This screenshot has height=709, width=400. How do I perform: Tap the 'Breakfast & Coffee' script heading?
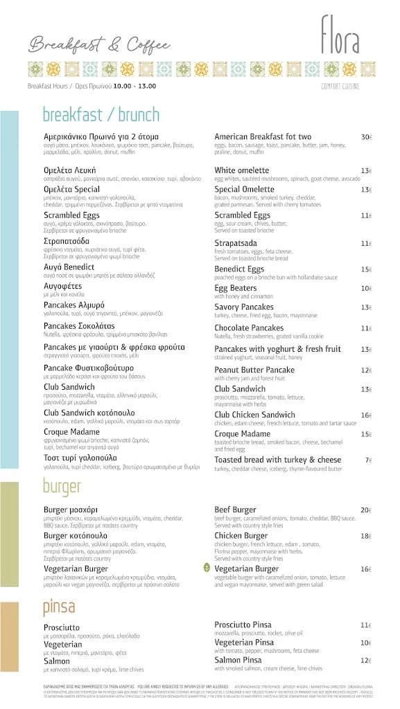click(99, 46)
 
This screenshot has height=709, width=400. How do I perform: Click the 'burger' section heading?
click(62, 487)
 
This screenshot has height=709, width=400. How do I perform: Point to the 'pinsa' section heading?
click(59, 607)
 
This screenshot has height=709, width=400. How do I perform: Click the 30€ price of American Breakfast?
click(367, 137)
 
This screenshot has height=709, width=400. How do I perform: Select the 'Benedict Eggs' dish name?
click(239, 269)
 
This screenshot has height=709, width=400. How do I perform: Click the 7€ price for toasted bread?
click(369, 460)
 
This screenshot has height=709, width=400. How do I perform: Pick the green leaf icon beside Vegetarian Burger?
click(206, 568)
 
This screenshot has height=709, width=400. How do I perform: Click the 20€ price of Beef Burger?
click(366, 510)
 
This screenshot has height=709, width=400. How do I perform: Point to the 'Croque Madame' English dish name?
click(245, 434)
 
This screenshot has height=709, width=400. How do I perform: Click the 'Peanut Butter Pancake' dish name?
click(254, 370)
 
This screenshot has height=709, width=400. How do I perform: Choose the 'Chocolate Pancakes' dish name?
click(249, 328)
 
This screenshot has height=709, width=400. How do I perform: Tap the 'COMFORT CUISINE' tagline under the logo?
click(340, 86)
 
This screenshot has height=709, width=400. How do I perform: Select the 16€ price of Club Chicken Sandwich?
click(366, 415)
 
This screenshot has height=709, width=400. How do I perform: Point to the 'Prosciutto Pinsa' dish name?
click(247, 625)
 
